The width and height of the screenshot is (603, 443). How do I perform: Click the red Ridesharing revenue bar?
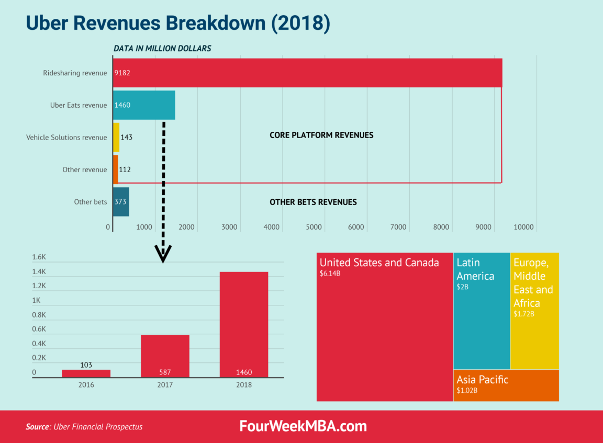[x=307, y=73]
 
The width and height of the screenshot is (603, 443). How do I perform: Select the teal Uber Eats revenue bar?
[x=144, y=105]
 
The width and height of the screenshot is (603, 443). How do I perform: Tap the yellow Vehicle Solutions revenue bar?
[x=116, y=137]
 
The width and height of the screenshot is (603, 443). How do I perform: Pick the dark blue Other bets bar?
[x=121, y=201]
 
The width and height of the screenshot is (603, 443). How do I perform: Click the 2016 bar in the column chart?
[x=86, y=373]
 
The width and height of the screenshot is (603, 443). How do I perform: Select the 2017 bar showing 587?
[x=165, y=356]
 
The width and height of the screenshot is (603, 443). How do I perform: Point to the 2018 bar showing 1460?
[x=244, y=324]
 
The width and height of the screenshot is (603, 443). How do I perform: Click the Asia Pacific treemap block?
[x=506, y=385]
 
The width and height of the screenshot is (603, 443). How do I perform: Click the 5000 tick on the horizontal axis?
[x=313, y=227]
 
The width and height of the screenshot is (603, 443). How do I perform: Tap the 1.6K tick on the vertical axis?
[x=39, y=257]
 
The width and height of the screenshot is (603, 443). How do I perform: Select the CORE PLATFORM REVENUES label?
[x=321, y=135]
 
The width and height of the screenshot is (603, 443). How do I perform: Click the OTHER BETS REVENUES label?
[x=313, y=202]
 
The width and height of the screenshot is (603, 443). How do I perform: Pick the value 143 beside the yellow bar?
[x=126, y=138]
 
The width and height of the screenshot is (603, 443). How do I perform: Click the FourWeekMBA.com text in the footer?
[x=303, y=426]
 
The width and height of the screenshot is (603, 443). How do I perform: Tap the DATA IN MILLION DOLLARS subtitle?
[x=162, y=48]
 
